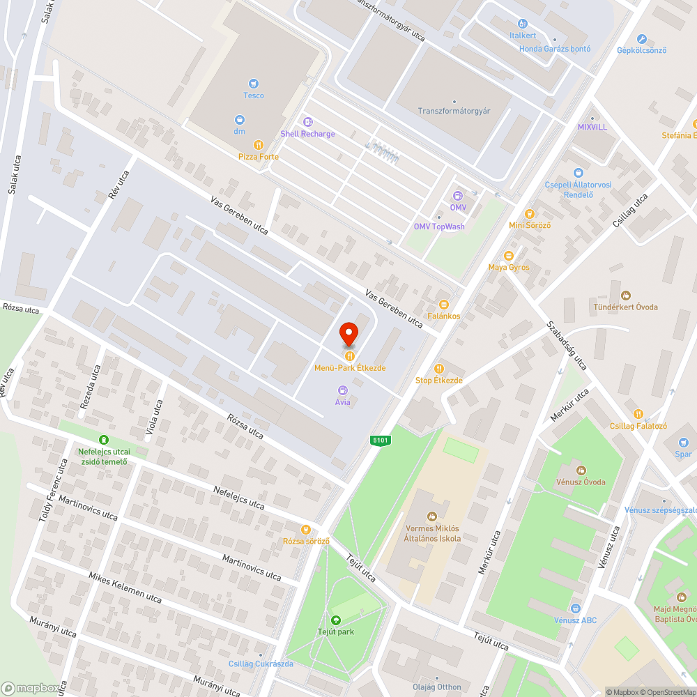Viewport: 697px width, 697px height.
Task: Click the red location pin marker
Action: pos(348,335)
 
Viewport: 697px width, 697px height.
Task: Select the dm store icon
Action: pos(239,119)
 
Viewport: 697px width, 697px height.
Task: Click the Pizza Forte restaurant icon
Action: pos(258,145)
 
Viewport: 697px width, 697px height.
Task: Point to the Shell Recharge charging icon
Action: pos(307,122)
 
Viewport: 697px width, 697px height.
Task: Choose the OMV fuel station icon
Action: pos(458,196)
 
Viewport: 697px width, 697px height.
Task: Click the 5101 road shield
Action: pos(380,441)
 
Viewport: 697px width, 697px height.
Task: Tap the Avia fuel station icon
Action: pos(342,390)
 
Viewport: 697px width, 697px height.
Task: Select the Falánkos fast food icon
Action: pos(444,304)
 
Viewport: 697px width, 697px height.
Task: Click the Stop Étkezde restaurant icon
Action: pos(438,369)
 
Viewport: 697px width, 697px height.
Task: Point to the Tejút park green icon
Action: pos(336,620)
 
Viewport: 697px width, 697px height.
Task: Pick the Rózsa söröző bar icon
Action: pos(305,530)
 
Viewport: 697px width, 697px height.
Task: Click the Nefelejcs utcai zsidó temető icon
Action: pos(104,439)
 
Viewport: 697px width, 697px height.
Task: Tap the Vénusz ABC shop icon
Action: pos(575,608)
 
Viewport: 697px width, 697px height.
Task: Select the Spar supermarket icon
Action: pos(683,442)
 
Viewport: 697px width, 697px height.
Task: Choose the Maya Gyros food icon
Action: pos(508,256)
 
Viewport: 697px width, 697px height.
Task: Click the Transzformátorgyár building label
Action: pos(454,111)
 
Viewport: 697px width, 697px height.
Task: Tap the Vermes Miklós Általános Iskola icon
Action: pos(431,516)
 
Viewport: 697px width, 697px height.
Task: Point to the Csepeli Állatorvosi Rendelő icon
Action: pos(578,173)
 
